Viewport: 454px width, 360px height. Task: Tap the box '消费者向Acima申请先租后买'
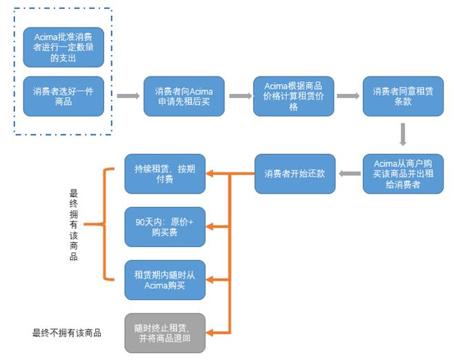click(184, 95)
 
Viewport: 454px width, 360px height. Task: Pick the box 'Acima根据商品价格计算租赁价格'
click(293, 95)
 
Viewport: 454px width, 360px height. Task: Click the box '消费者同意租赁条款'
click(402, 95)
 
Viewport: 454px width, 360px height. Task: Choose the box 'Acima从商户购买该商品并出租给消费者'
click(402, 174)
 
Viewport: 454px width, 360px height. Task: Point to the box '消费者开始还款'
click(293, 174)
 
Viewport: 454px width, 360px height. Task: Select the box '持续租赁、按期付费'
click(165, 174)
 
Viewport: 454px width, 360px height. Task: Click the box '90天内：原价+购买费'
click(165, 226)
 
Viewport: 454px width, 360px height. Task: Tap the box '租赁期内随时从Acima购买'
click(165, 280)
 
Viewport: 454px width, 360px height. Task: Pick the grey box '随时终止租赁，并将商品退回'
click(165, 332)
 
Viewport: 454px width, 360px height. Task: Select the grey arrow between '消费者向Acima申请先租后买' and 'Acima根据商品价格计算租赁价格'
click(239, 95)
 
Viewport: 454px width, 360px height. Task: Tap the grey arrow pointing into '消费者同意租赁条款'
click(348, 95)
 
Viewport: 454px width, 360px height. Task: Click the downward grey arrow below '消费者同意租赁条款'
click(402, 132)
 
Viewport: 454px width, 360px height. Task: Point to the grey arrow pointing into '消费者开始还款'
click(348, 174)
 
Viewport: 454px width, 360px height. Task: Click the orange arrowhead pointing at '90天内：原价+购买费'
click(213, 226)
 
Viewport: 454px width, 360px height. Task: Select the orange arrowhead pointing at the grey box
click(213, 332)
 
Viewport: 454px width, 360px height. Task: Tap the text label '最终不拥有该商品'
click(67, 332)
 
